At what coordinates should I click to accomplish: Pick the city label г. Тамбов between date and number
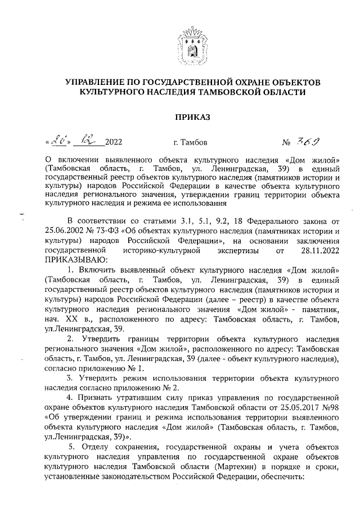(x=191, y=143)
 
